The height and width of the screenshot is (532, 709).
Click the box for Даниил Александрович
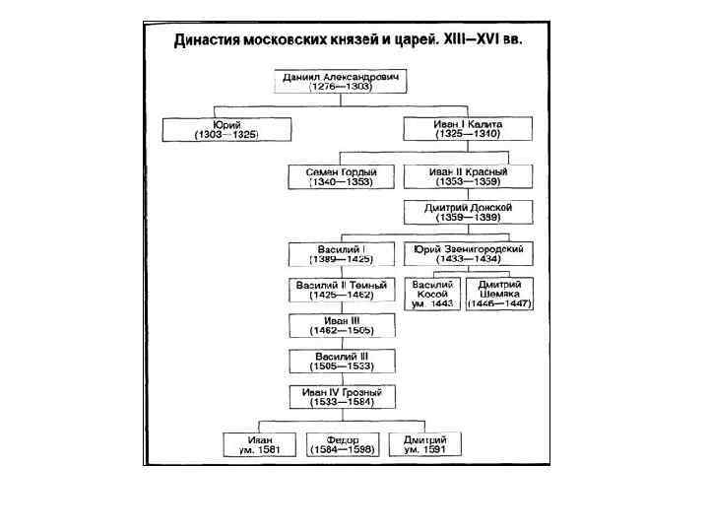coord(340,81)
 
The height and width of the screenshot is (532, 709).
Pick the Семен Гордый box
coord(341,176)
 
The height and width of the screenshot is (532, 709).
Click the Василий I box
coord(341,254)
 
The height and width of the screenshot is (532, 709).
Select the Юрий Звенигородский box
coord(469,254)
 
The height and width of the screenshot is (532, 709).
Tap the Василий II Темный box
coord(341,290)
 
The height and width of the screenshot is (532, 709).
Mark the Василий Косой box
coord(433,294)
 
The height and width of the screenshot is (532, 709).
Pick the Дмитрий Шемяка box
coord(500,294)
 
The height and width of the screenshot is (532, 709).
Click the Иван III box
coord(341,325)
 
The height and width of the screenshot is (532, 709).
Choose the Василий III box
coord(341,360)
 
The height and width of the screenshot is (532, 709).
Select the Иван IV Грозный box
coord(341,396)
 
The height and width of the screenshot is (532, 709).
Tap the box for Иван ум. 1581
coord(259,443)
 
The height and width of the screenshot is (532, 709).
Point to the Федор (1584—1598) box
coord(341,443)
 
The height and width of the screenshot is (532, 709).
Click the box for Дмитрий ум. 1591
coord(425,443)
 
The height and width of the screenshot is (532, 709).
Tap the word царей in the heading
coord(411,42)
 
